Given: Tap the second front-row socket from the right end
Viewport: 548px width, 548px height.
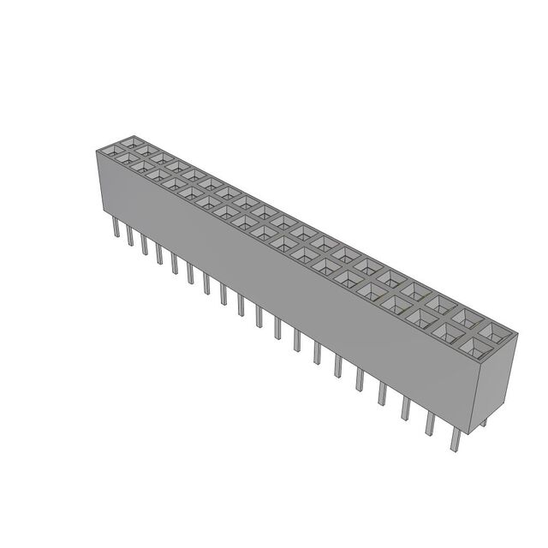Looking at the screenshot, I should coord(451,331).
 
